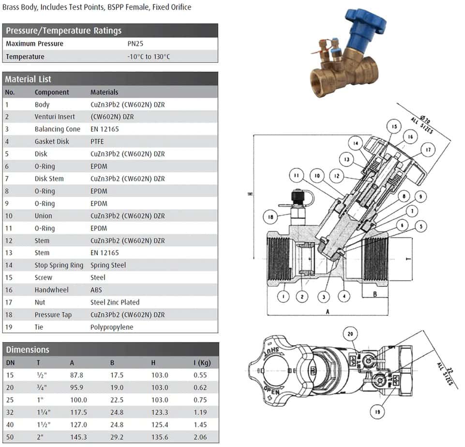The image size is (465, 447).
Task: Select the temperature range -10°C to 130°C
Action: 149,57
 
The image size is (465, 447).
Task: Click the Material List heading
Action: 28,79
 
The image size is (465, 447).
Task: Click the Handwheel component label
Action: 51,290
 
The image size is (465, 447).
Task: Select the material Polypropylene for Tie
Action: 112,327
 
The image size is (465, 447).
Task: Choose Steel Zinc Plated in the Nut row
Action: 115,302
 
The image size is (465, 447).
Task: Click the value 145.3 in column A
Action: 79,437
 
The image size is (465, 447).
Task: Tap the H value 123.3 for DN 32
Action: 160,413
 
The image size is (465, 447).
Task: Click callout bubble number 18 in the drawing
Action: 270,217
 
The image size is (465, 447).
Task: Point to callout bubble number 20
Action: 351,334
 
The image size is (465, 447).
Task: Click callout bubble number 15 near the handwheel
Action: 394,127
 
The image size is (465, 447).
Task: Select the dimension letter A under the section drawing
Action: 328,312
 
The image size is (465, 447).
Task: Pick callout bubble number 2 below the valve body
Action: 301,295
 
